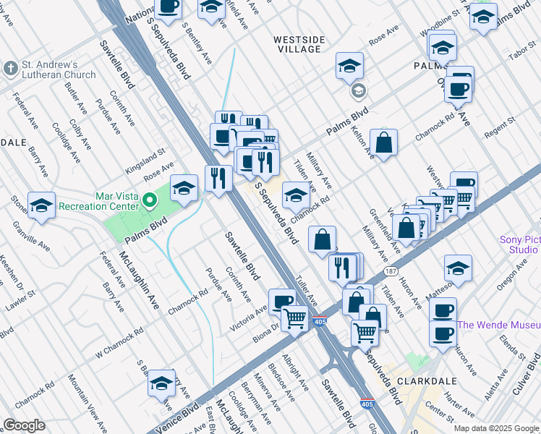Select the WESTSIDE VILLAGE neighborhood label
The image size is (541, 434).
click(x=297, y=44)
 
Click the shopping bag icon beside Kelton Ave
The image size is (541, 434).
click(x=383, y=142)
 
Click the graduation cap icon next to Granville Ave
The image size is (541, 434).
click(x=41, y=205)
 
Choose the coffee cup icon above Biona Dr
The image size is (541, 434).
click(x=281, y=301)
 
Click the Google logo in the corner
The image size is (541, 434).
click(x=23, y=425)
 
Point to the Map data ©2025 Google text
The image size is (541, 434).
click(x=496, y=428)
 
